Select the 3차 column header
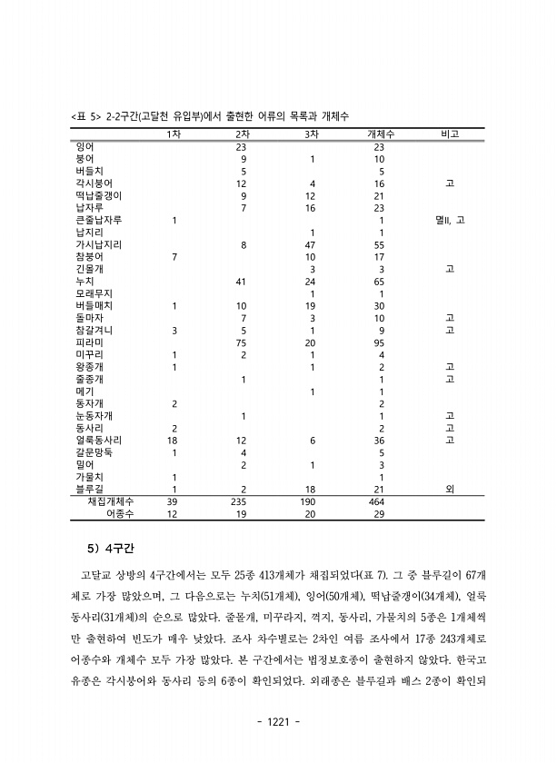[312, 134]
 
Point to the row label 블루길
[89, 489]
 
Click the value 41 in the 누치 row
[241, 281]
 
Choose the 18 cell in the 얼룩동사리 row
[173, 440]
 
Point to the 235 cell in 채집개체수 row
[240, 501]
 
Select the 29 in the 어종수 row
[379, 513]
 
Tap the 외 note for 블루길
[450, 489]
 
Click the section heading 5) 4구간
[110, 549]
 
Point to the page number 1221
[278, 722]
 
